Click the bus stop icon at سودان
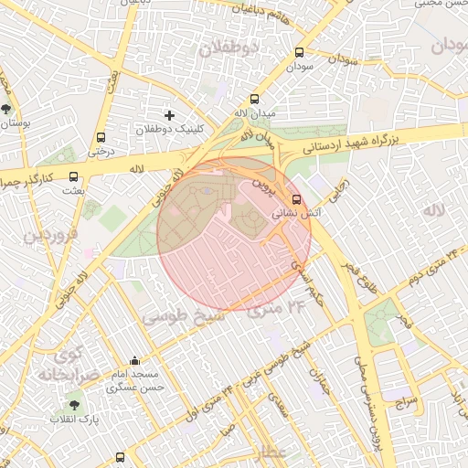(301, 52)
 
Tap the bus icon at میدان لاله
(254, 100)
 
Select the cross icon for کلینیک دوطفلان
(169, 115)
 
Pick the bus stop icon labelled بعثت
(73, 178)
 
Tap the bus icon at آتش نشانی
(295, 198)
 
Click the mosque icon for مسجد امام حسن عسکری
(135, 360)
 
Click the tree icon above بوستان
(6, 109)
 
